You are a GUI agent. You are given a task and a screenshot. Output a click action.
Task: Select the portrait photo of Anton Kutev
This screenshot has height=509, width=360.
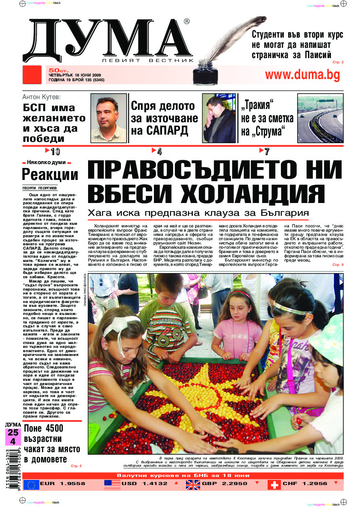(x=109, y=118)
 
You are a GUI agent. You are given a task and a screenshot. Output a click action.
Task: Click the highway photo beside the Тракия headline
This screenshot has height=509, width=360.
(x=320, y=118)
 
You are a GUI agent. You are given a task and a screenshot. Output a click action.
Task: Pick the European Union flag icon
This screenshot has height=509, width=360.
(x=31, y=484)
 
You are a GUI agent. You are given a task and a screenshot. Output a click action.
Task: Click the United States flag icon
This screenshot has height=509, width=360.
(x=112, y=484)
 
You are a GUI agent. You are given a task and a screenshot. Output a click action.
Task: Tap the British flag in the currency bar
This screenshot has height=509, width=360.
(x=193, y=484)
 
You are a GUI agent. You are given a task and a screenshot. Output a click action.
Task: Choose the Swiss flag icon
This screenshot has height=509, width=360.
(x=274, y=484)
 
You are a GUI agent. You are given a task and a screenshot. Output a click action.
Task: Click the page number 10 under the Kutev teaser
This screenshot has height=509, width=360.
(x=55, y=151)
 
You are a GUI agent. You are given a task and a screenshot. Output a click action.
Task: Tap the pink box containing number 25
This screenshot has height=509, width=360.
(x=13, y=433)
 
